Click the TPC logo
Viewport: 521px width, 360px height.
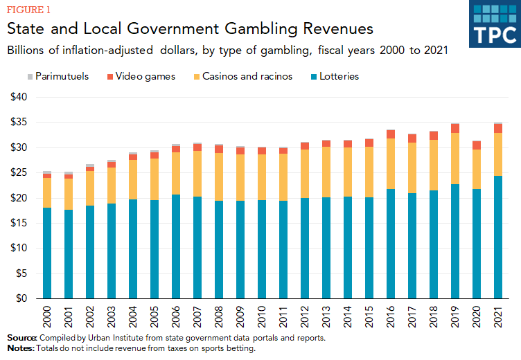[494, 24]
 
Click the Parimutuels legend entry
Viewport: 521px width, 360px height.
[58, 76]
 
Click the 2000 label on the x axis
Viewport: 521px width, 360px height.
[47, 316]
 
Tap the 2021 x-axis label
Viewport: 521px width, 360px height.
[498, 316]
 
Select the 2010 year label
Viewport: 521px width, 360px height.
[262, 316]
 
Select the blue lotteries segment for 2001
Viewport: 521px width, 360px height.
[68, 253]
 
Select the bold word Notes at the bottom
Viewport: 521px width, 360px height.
[19, 348]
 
